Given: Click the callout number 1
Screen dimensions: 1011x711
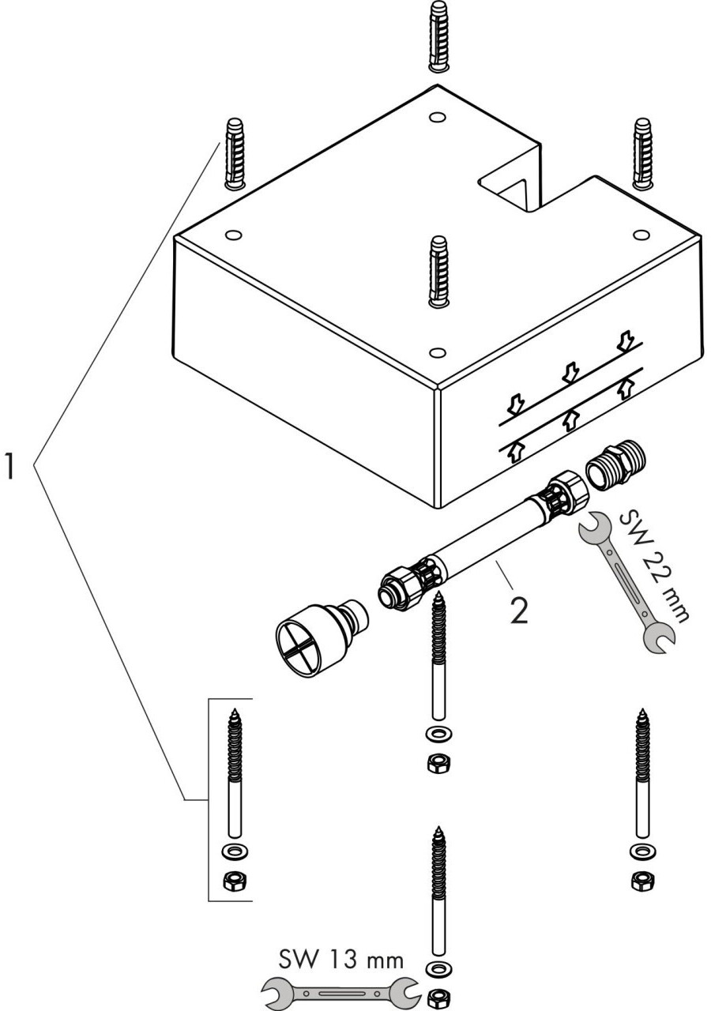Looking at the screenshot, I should click(x=10, y=464).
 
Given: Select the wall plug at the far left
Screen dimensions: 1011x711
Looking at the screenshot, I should click(x=235, y=153).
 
